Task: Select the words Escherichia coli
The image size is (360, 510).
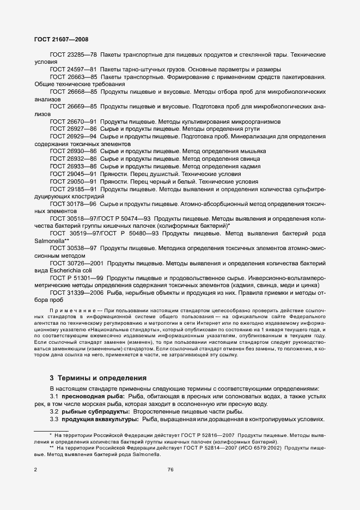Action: click(x=69, y=270)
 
